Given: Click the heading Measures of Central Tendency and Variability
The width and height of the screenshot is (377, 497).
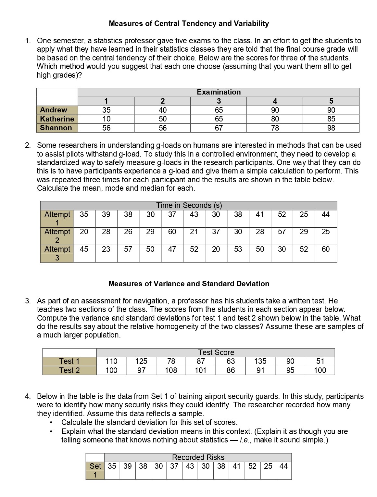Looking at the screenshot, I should pyautogui.click(x=189, y=23).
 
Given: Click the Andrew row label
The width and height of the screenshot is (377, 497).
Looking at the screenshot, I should pyautogui.click(x=54, y=110).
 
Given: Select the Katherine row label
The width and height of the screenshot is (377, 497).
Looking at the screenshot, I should pyautogui.click(x=57, y=119).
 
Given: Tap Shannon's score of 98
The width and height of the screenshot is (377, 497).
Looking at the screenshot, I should pyautogui.click(x=331, y=128).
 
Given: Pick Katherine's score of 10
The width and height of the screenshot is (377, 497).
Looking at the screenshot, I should pyautogui.click(x=106, y=119).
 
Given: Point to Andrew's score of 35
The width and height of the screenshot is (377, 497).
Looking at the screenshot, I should pyautogui.click(x=106, y=110).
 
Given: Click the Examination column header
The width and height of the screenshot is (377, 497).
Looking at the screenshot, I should pyautogui.click(x=219, y=92).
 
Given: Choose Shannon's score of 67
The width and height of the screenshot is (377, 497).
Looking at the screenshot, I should pyautogui.click(x=219, y=128).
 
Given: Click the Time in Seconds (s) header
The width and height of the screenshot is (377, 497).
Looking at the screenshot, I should pyautogui.click(x=189, y=205).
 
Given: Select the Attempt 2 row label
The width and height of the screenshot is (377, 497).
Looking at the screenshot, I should pyautogui.click(x=57, y=236).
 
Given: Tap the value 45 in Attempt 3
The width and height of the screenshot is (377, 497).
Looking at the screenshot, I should pyautogui.click(x=84, y=249).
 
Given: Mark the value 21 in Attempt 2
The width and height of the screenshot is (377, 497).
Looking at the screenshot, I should pyautogui.click(x=194, y=232).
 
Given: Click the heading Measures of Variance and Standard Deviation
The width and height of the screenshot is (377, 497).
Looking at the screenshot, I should pyautogui.click(x=189, y=284).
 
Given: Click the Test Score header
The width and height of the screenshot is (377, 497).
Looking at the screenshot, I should pyautogui.click(x=216, y=352).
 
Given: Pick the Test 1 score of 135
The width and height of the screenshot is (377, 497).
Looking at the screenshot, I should pyautogui.click(x=260, y=361).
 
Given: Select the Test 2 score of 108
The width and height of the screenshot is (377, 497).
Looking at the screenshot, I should pyautogui.click(x=171, y=370).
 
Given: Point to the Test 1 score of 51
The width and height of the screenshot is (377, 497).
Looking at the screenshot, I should pyautogui.click(x=320, y=361).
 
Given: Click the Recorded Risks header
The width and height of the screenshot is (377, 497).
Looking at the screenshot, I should pyautogui.click(x=198, y=457).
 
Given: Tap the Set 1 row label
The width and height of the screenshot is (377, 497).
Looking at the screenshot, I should pyautogui.click(x=95, y=470).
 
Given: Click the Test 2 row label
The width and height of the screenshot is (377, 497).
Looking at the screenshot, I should pyautogui.click(x=69, y=370).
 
